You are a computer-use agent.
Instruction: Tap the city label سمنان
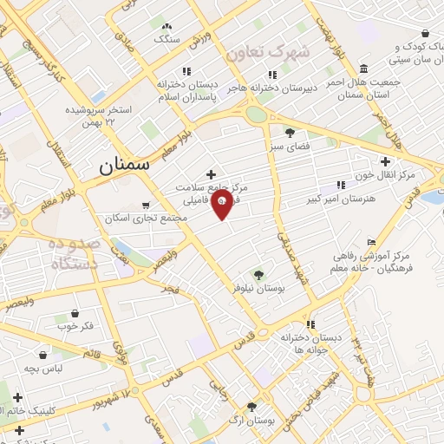pyautogui.click(x=123, y=162)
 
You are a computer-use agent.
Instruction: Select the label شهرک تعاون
pyautogui.click(x=268, y=52)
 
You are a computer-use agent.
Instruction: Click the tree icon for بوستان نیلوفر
pyautogui.click(x=257, y=273)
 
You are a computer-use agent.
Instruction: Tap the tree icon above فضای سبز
pyautogui.click(x=289, y=133)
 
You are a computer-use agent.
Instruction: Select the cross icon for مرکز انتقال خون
pyautogui.click(x=385, y=161)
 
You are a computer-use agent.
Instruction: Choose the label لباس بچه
pyautogui.click(x=42, y=369)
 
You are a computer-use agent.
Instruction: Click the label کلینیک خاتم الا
pyautogui.click(x=40, y=412)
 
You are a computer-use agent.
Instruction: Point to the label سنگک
pyautogui.click(x=166, y=39)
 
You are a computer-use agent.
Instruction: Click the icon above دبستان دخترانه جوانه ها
pyautogui.click(x=310, y=324)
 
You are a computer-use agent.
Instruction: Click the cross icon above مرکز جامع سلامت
pyautogui.click(x=211, y=174)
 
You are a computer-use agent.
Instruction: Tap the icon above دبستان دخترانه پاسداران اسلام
pyautogui.click(x=185, y=72)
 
